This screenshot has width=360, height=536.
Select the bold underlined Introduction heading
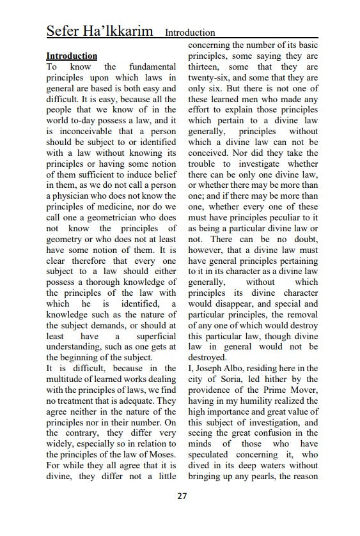coord(72,56)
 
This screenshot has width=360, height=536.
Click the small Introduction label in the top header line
coord(190,33)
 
